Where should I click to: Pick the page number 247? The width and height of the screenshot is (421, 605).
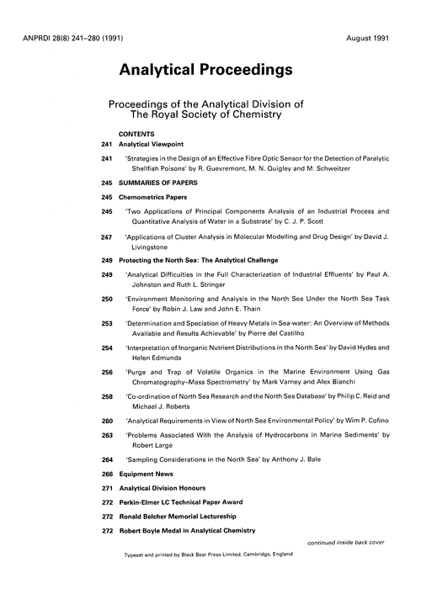click(106, 239)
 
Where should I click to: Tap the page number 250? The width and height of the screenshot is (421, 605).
click(106, 299)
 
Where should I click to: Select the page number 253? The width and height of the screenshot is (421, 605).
click(106, 323)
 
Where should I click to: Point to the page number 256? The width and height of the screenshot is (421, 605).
click(106, 372)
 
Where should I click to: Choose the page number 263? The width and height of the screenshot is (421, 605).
click(106, 435)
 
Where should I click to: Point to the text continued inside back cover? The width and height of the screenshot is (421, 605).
click(345, 542)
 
